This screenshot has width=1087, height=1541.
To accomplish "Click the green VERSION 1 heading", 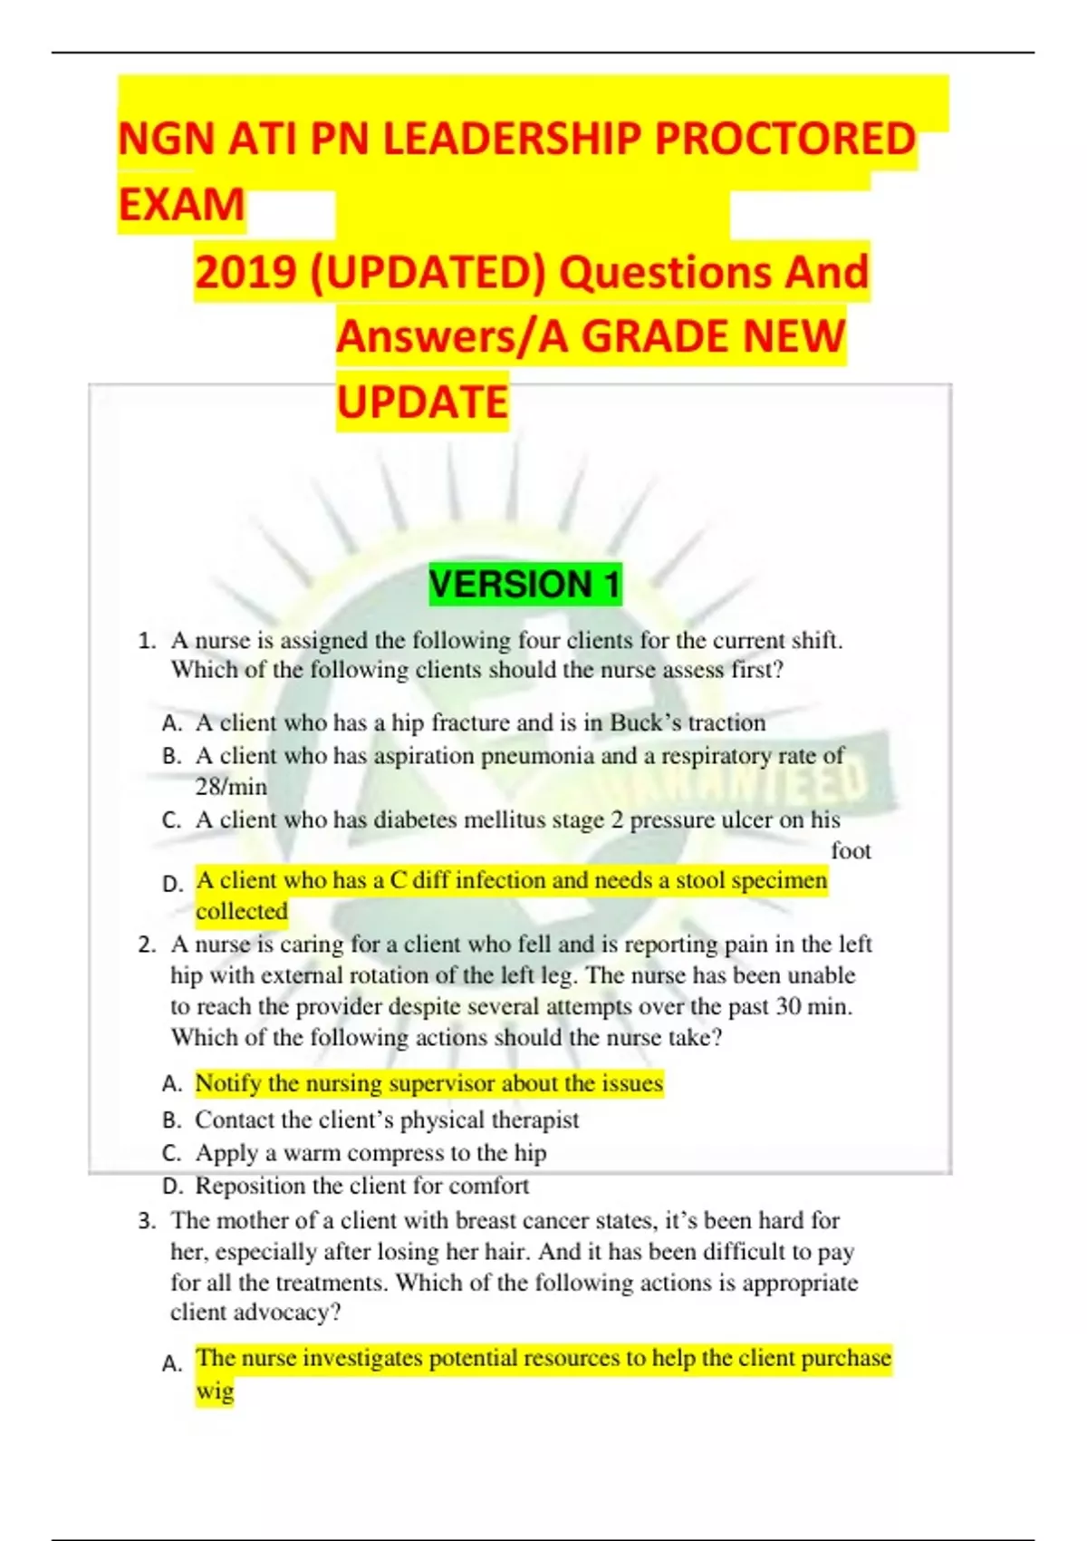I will (525, 585).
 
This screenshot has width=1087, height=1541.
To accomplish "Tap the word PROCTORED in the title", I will (784, 140).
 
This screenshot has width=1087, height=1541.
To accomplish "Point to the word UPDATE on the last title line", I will (422, 402).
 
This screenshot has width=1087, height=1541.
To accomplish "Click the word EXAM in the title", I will (182, 205).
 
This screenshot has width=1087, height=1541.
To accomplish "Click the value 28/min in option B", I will (231, 786).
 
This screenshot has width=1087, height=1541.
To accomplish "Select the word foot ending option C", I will (851, 850).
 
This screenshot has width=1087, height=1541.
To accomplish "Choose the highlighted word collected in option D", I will (242, 911).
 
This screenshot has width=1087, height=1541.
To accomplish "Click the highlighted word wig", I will (215, 1391).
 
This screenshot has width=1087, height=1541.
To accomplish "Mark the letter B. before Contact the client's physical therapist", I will (172, 1120).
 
